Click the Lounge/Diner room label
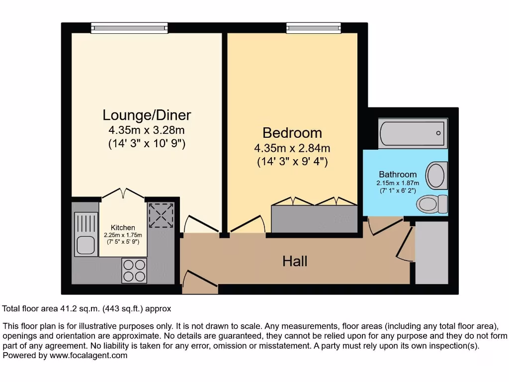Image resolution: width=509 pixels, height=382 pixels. point(147,115)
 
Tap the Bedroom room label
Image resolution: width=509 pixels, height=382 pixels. point(292,133)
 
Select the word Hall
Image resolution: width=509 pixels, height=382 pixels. point(295,261)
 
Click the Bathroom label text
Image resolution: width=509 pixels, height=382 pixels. point(398,175)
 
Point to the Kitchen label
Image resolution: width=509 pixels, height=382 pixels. point(123,228)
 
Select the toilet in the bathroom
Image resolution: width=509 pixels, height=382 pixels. point(431,203)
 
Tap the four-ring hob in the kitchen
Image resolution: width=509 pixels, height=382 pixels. point(134,271)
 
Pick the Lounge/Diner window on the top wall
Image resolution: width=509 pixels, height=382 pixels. point(129,28)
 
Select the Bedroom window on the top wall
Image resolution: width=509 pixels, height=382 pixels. point(313,28)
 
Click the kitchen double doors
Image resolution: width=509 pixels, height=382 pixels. point(122,193)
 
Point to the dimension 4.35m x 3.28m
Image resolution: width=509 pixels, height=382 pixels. point(147,131)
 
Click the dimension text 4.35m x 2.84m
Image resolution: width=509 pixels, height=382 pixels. point(292,148)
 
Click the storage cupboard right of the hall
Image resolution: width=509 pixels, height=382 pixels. point(431,253)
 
